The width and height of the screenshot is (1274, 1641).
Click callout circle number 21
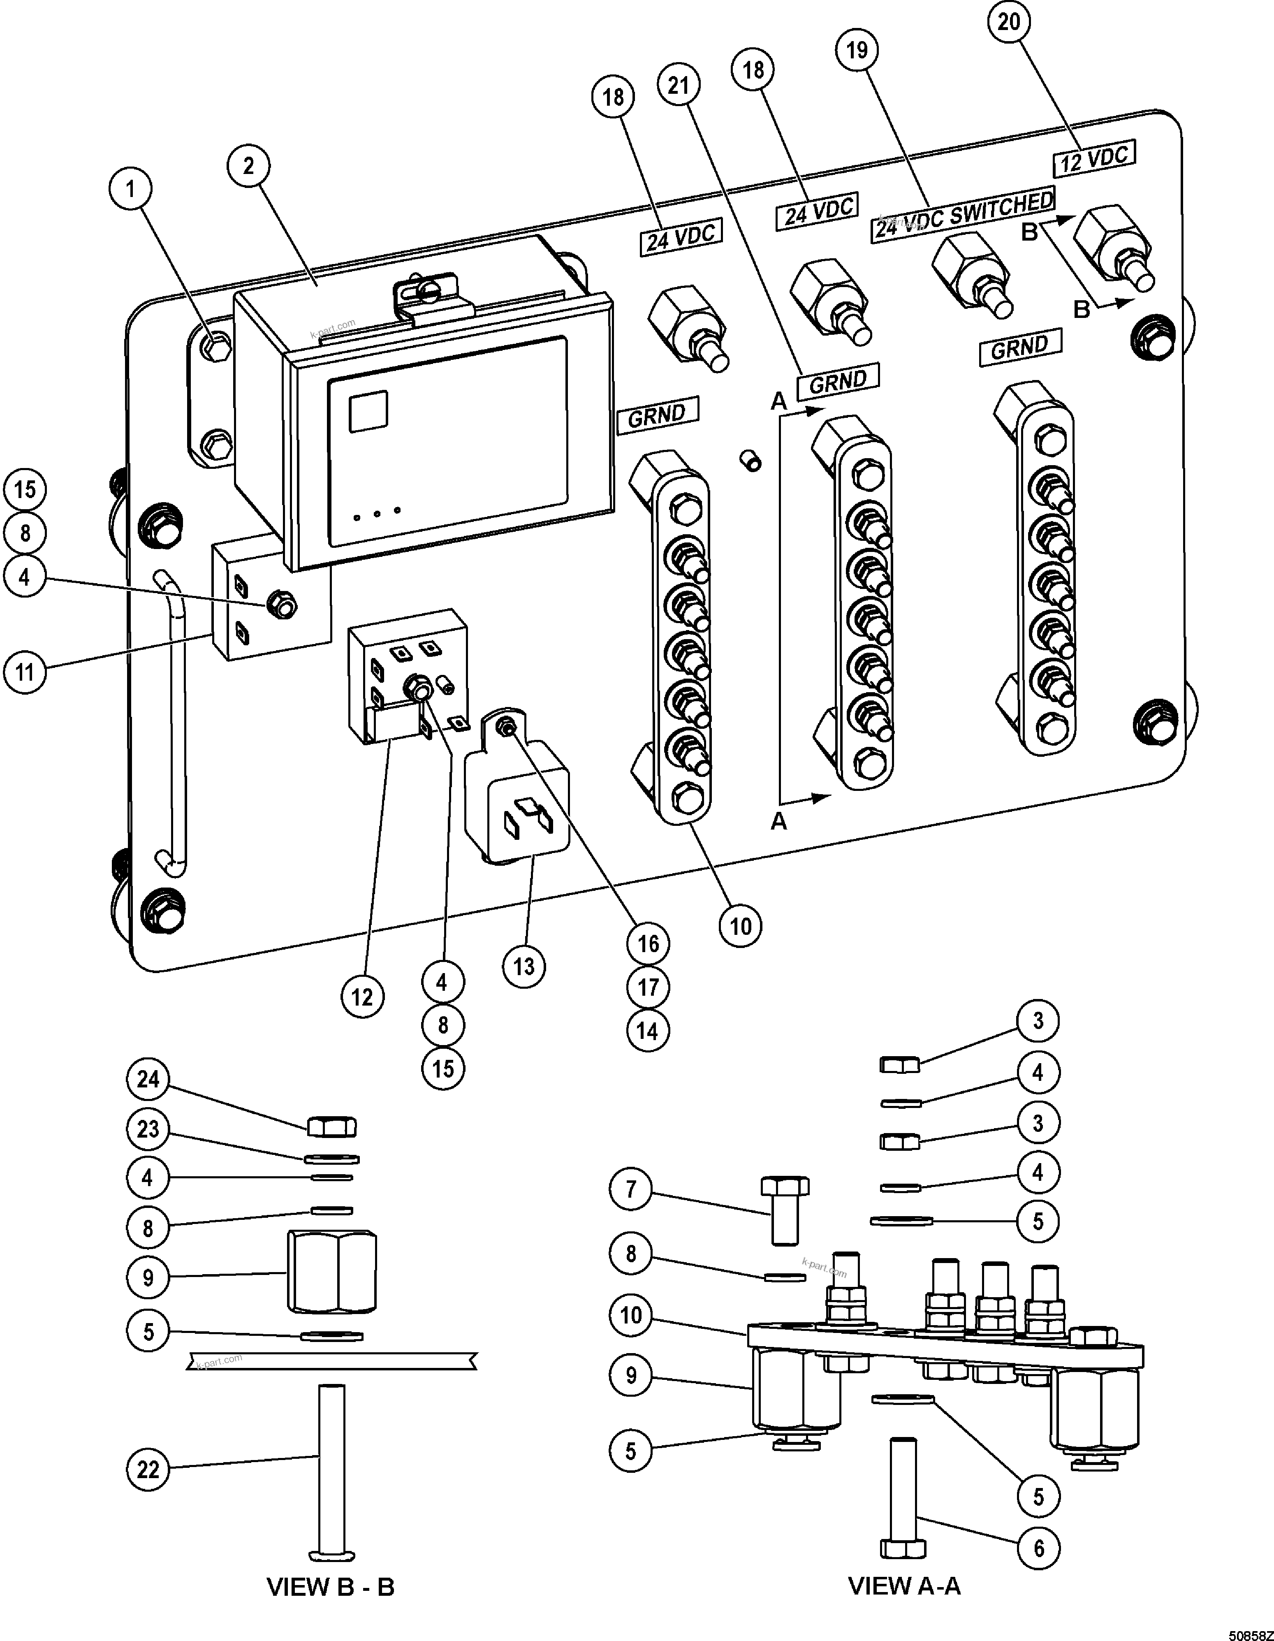[678, 85]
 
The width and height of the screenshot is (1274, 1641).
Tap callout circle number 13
[523, 966]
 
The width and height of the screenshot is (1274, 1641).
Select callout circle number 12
[362, 997]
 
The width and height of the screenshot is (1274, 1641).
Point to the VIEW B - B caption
[331, 1587]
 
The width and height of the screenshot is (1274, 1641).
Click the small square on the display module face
[368, 411]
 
